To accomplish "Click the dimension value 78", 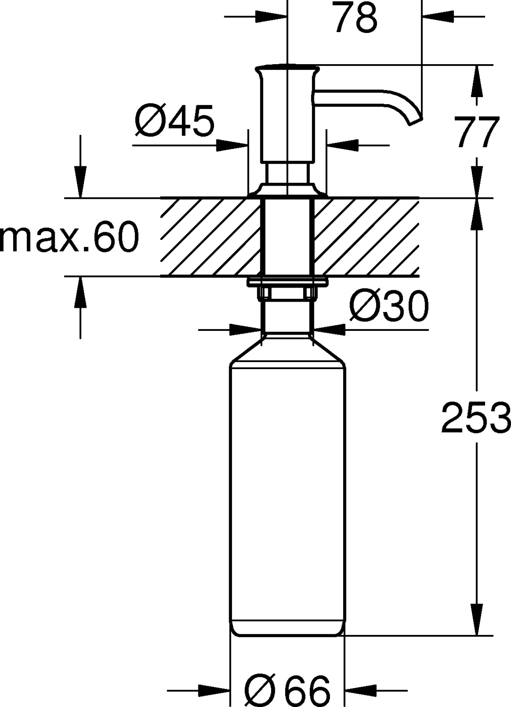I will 356,18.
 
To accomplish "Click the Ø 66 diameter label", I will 288,691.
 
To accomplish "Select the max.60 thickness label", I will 70,237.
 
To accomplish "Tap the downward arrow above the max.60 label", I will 81,186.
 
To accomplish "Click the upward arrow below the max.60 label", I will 81,288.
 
